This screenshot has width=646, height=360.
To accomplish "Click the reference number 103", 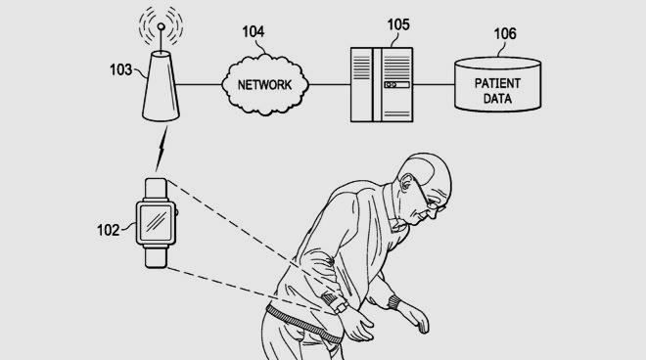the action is (120, 69).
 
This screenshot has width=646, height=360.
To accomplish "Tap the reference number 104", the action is (253, 31).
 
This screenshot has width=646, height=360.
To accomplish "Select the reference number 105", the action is (398, 24).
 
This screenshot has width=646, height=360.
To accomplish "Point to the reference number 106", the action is (505, 34).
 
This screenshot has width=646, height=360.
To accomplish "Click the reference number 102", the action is (108, 230).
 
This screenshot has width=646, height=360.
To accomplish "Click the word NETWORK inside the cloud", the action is (264, 85).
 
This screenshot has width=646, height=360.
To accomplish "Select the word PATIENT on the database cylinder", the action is (497, 83).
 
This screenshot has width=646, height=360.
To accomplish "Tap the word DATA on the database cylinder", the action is (497, 99).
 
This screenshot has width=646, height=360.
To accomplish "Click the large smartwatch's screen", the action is (156, 223).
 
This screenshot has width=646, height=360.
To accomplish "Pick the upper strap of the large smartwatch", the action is (157, 189).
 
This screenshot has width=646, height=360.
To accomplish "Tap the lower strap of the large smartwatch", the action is (157, 256).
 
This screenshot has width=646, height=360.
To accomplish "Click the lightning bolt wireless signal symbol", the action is (161, 149).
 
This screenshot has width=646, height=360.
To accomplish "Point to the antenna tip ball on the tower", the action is (161, 27).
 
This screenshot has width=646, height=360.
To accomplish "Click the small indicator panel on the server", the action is (396, 85).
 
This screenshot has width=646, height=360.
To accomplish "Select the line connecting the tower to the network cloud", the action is (199, 84).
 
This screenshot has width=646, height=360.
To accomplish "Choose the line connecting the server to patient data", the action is (434, 84).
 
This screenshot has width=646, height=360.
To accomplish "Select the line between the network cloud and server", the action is (329, 84).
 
